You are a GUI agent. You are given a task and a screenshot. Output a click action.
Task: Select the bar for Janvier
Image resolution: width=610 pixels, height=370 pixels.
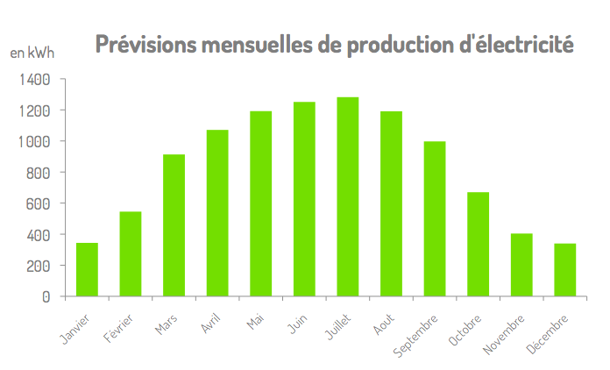click(87, 269)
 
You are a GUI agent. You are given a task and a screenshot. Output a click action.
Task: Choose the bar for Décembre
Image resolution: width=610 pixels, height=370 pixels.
click(565, 269)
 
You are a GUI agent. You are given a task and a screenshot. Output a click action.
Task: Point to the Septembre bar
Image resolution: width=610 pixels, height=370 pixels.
click(435, 218)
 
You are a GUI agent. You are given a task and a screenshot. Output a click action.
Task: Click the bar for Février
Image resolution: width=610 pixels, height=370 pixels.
click(131, 253)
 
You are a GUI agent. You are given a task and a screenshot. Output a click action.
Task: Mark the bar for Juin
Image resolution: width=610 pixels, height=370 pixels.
click(304, 199)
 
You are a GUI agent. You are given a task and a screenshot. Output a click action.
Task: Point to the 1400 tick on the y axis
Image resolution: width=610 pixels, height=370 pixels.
click(34, 80)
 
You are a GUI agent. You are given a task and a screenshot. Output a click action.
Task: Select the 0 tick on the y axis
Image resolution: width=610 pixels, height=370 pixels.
click(46, 296)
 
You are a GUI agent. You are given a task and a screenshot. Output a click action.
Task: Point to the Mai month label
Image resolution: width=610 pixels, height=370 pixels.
click(256, 323)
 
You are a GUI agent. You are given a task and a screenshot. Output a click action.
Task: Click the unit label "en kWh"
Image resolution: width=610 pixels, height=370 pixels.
click(32, 53)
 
